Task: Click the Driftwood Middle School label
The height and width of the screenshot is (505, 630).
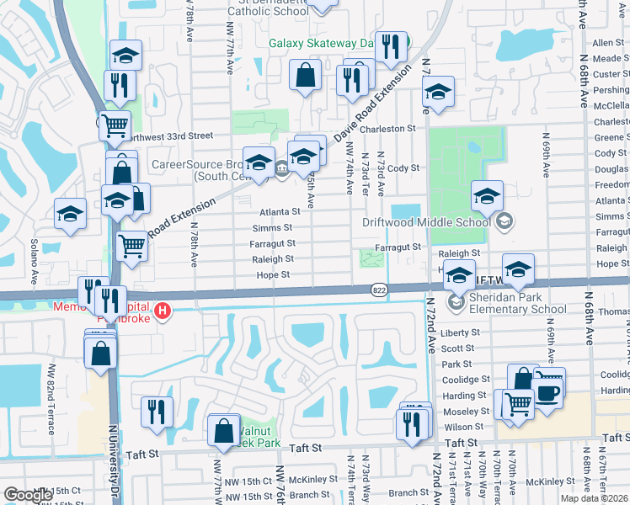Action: coord(425,222)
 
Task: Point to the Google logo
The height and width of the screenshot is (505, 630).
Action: coord(28,495)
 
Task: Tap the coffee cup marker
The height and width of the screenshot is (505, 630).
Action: coord(547,393)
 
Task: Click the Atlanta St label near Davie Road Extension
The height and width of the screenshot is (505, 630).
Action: coord(280,212)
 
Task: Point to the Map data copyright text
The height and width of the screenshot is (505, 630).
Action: coord(593,498)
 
